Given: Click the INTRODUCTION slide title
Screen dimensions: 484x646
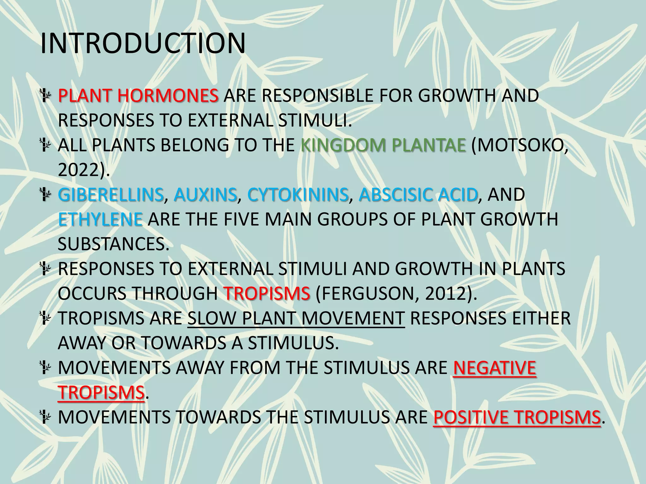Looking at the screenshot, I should click(x=143, y=43).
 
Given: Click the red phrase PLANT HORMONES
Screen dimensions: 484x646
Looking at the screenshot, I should click(x=138, y=96).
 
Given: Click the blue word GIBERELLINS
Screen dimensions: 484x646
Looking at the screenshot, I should click(x=111, y=195).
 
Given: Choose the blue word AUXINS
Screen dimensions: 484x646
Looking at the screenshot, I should click(x=205, y=195).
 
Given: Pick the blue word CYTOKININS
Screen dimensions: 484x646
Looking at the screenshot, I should click(x=298, y=195).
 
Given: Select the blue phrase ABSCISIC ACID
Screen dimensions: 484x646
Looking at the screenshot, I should click(x=418, y=195).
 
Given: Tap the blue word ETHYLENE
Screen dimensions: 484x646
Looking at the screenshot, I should click(x=100, y=220).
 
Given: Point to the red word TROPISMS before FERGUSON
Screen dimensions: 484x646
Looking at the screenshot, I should click(x=267, y=294).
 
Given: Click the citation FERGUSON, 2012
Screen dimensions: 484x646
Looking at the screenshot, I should click(x=395, y=294).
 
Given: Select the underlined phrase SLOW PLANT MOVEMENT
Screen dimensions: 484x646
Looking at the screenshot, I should click(x=296, y=319).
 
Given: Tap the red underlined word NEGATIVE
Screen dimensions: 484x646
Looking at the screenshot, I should click(x=494, y=368).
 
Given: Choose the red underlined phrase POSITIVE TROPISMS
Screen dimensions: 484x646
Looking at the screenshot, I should click(x=517, y=418).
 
